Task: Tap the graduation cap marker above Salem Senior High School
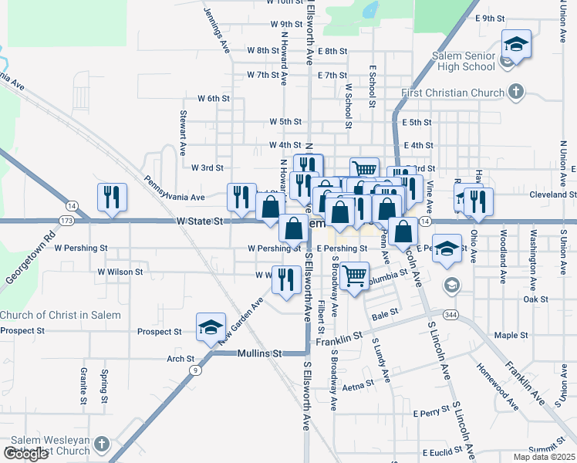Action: [516, 45]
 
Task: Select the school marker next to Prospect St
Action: [211, 328]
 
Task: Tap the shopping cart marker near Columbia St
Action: [353, 275]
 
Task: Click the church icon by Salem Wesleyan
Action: [101, 445]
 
